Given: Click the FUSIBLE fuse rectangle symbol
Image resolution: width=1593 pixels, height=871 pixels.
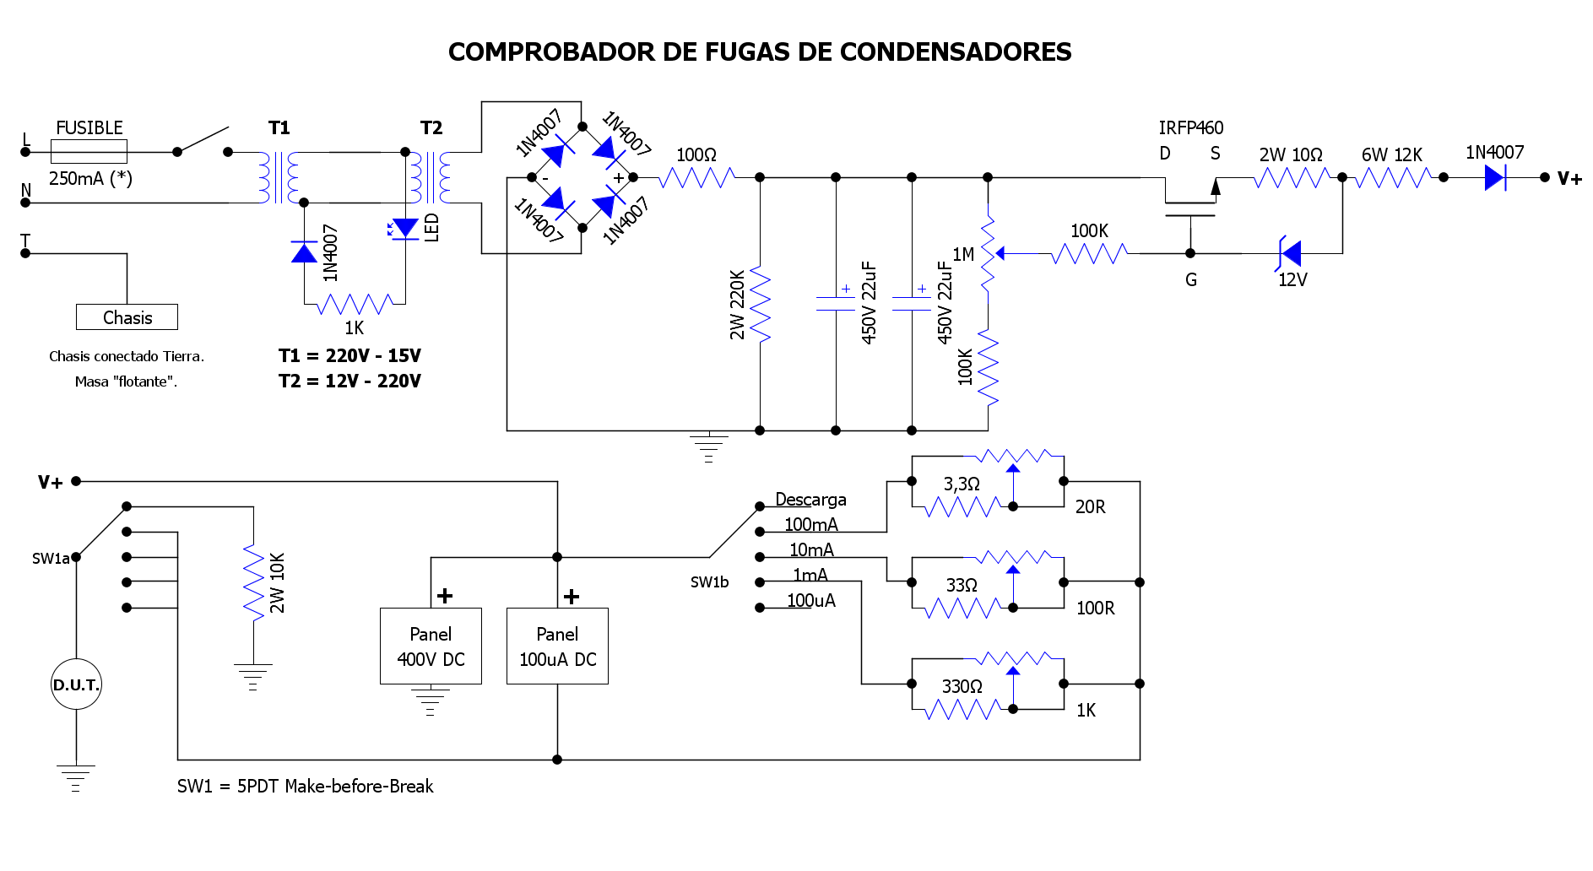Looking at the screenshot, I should (89, 152).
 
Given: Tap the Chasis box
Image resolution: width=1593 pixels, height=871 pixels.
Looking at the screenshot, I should (127, 317).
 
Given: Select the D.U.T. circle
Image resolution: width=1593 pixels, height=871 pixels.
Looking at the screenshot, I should (76, 684).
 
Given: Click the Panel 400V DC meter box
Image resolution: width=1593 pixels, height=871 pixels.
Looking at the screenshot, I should (431, 646).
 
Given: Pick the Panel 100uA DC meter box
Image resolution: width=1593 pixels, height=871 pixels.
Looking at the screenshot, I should (557, 646).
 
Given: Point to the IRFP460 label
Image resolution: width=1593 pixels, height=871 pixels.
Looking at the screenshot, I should (1190, 128).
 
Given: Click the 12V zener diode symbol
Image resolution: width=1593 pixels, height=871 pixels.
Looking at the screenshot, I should (1290, 253).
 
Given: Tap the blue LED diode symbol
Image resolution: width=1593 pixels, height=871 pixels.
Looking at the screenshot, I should (405, 228).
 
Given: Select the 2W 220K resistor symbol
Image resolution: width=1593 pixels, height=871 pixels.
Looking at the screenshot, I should (760, 304).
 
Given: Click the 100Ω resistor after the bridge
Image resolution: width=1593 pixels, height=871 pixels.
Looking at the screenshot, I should (696, 177).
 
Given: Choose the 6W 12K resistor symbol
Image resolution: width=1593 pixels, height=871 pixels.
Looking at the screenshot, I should (1393, 177).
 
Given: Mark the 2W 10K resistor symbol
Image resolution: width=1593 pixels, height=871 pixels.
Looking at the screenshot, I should (253, 582).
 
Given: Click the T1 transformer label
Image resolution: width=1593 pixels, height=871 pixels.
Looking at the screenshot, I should (279, 128).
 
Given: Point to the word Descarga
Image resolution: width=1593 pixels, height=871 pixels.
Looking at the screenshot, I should (810, 500).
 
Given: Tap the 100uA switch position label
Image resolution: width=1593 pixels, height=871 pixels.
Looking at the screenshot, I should (811, 601).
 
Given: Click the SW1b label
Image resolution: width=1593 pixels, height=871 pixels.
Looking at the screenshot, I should (709, 582).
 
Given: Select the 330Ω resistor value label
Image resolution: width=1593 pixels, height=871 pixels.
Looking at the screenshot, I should (962, 687).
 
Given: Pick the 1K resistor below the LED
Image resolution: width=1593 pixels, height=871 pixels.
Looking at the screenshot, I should (355, 304).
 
